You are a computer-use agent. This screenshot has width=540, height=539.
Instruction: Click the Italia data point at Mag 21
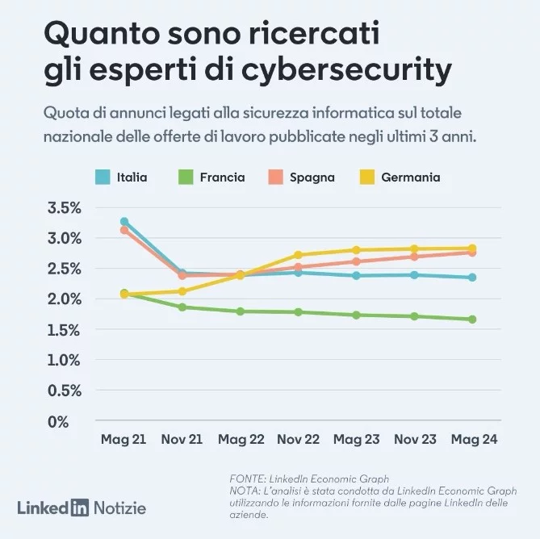point(124,221)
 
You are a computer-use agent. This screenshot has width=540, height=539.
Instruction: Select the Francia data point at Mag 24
point(472,320)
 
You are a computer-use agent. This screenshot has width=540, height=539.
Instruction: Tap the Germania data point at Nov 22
point(298,255)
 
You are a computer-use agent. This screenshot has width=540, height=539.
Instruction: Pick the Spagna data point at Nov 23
point(414,257)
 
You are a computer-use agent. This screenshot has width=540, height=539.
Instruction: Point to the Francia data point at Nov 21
point(182,307)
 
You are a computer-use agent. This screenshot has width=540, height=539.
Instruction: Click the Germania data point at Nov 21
point(182,291)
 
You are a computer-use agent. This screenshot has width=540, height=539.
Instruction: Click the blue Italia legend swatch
point(103,177)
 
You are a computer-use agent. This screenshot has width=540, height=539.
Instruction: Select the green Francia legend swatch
point(186,177)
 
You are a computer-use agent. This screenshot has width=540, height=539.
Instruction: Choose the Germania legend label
point(410,177)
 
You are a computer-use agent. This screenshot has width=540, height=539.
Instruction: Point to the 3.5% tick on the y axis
point(65,207)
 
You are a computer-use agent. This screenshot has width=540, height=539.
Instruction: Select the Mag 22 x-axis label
point(240,440)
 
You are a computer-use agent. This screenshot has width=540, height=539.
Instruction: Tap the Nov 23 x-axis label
point(414,440)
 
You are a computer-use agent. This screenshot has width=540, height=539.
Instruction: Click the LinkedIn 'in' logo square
point(79,508)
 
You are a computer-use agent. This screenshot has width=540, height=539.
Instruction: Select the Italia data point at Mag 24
point(472,278)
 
